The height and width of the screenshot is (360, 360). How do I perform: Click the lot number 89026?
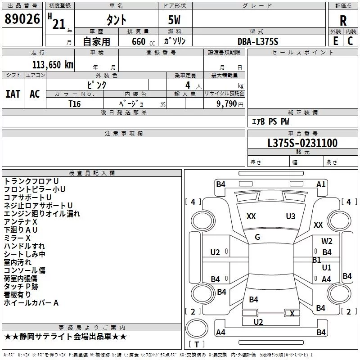22,19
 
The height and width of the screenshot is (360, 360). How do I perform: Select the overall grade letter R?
343,21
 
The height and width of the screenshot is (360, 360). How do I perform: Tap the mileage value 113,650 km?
53,65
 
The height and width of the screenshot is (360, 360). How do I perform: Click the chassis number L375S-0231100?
302,143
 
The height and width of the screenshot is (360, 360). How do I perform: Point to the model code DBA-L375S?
258,41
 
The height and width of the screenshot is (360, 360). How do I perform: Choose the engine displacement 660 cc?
143,42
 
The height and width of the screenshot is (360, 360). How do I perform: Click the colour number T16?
75,104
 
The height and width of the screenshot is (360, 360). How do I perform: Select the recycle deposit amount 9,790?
227,104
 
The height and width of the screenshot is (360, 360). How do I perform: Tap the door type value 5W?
174,20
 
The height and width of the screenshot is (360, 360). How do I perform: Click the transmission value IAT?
13,94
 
